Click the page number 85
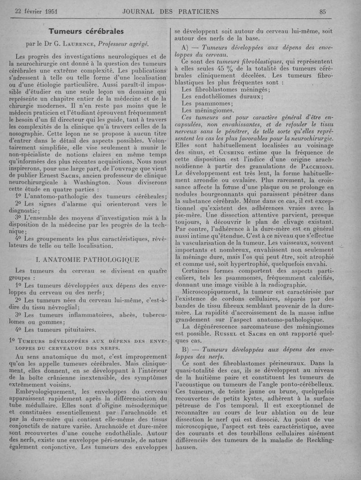pyautogui.click(x=322, y=12)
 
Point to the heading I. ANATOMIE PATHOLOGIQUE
pyautogui.click(x=87, y=259)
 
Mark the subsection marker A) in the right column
pyautogui.click(x=184, y=47)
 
